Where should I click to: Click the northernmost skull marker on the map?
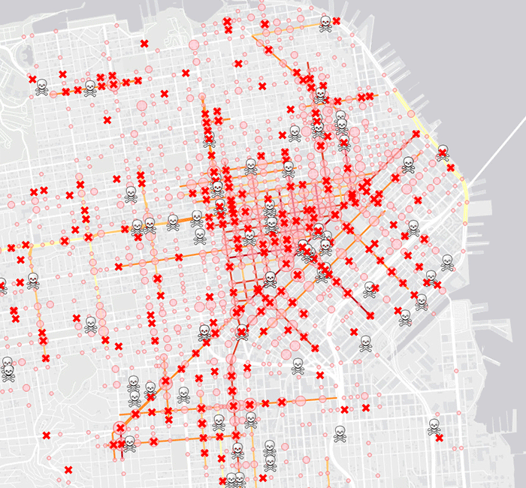pyautogui.click(x=325, y=23)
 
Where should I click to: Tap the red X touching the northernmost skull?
pyautogui.click(x=336, y=21)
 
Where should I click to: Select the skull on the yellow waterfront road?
pyautogui.click(x=443, y=152)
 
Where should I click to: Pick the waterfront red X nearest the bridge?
pyautogui.click(x=450, y=167)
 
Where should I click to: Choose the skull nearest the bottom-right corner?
pyautogui.click(x=434, y=426)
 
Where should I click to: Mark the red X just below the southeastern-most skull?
pyautogui.click(x=439, y=438)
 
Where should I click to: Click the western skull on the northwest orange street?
pyautogui.click(x=42, y=86)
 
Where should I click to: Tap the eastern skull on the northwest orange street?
pyautogui.click(x=90, y=88)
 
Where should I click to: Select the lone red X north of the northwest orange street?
pyautogui.click(x=144, y=44)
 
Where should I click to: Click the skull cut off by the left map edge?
pyautogui.click(x=2, y=285)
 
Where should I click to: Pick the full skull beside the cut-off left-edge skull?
pyautogui.click(x=33, y=281)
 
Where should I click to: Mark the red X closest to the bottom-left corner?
pyautogui.click(x=68, y=470)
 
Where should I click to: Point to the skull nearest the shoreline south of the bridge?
pyautogui.click(x=447, y=262)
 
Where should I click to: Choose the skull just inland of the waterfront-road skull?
pyautogui.click(x=410, y=164)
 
